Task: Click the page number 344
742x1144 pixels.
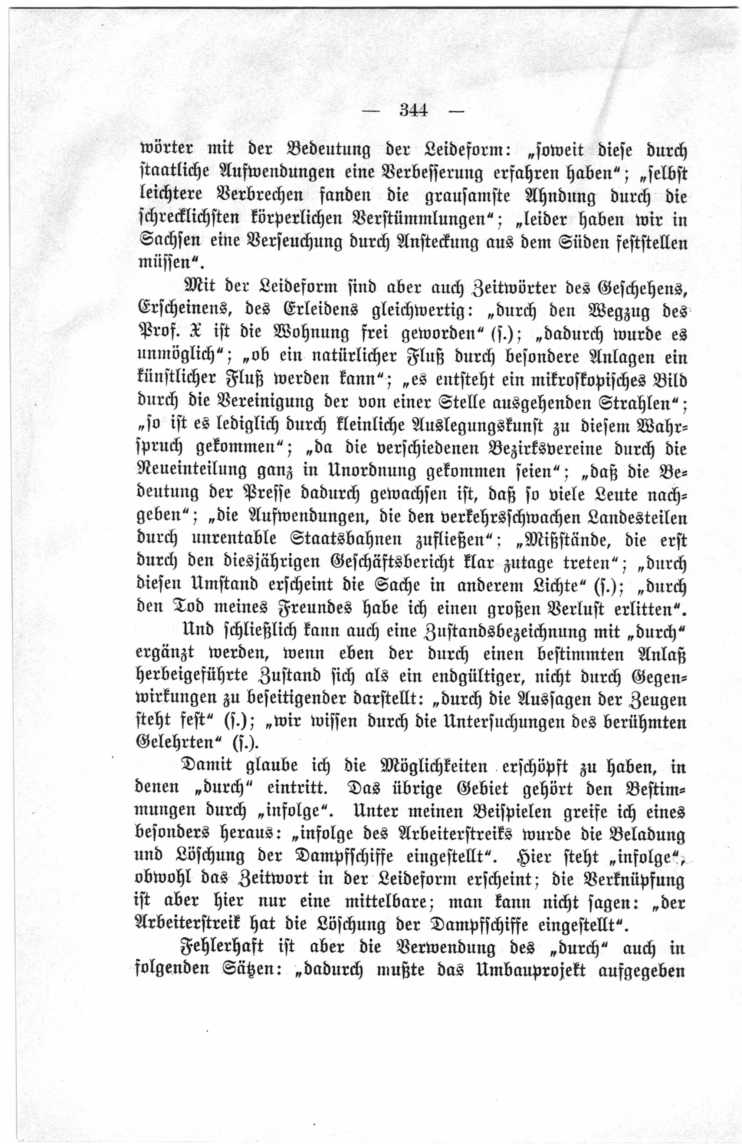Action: pos(413,111)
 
